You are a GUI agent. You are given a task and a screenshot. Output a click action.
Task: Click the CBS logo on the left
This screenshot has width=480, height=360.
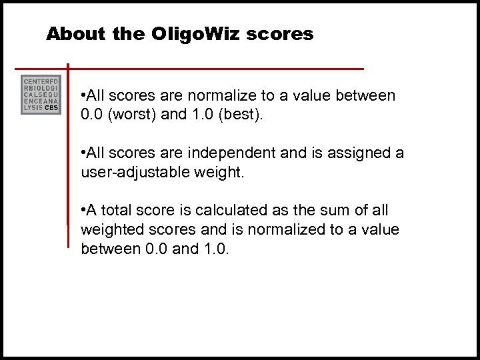pos(41,95)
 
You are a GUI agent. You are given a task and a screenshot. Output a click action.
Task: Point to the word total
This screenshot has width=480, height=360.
pos(117,211)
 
